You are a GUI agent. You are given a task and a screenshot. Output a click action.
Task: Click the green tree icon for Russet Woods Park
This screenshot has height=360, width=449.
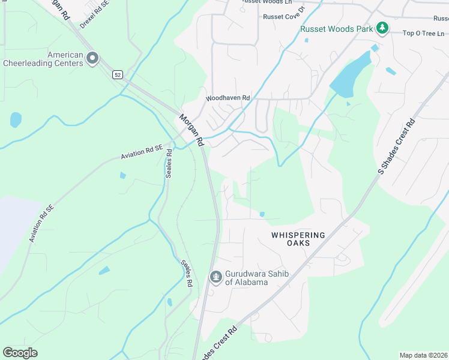(382, 28)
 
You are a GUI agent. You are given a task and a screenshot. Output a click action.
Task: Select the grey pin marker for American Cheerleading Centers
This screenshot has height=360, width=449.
(92, 58)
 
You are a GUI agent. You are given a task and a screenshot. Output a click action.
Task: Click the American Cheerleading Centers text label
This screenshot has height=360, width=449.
(43, 59)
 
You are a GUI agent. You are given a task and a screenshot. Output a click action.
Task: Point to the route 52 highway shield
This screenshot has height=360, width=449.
(117, 74)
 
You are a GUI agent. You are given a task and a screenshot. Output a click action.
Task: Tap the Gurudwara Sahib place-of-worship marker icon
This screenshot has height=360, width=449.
(215, 277)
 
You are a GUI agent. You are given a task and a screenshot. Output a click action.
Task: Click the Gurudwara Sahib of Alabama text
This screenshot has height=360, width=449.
(246, 278)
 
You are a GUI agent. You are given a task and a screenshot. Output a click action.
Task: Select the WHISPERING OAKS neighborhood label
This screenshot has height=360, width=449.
(298, 239)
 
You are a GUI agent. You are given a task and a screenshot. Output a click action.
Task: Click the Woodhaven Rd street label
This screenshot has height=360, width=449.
(228, 98)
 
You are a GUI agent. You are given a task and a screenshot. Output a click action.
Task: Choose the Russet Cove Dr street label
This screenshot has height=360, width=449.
(284, 17)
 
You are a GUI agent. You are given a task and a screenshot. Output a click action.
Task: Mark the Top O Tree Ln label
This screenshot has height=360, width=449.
(423, 33)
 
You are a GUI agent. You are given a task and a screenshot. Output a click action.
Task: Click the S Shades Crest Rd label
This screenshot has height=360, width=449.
(396, 147)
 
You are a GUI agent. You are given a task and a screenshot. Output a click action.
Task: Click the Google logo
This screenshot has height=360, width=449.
(20, 353)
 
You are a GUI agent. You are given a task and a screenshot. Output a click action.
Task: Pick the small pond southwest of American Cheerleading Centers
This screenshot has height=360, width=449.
(16, 120)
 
